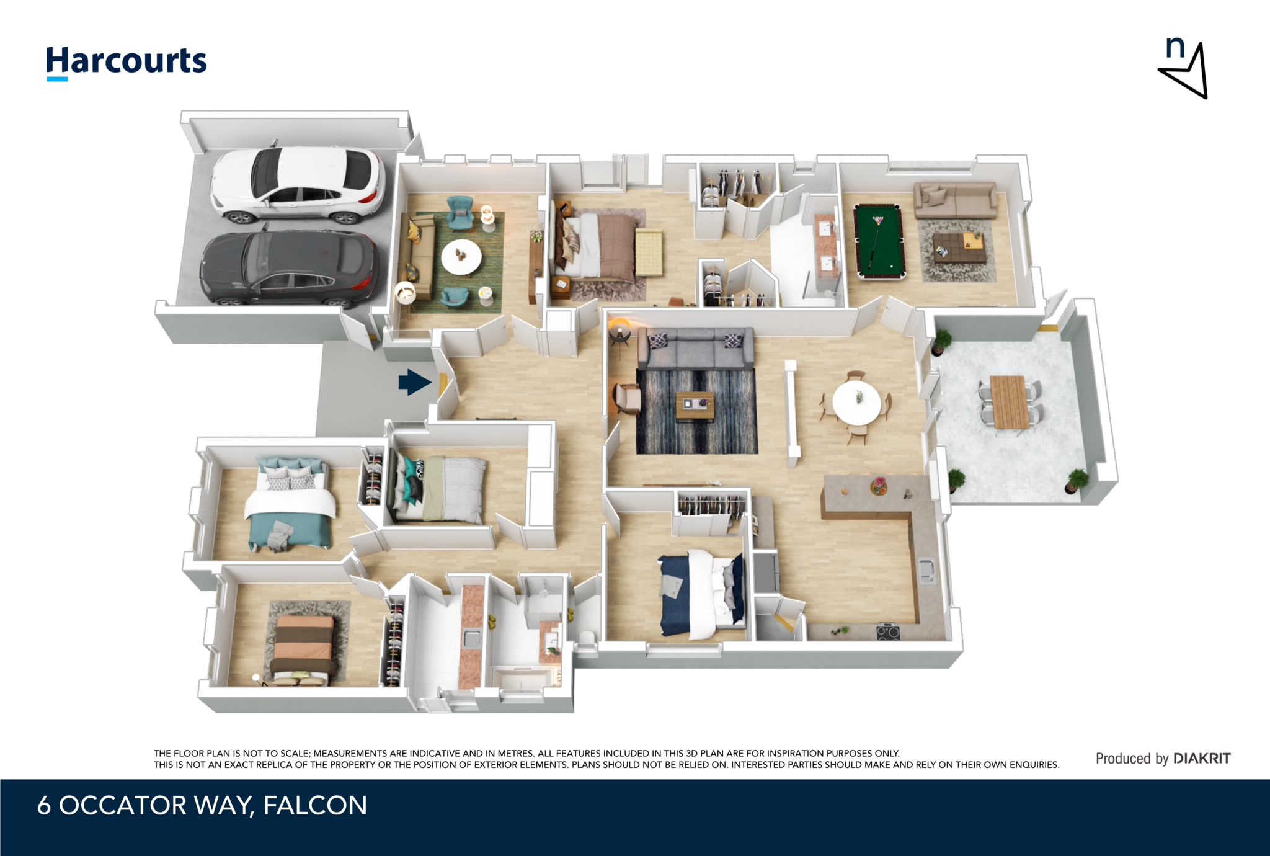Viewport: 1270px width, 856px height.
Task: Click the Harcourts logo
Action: pos(127,62)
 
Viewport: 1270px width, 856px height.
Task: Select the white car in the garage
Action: pos(298,185)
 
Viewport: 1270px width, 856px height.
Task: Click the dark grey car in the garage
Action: pos(289,269)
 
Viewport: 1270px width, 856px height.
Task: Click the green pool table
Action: pos(879,242)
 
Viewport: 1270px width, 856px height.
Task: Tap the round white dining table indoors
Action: pos(856,403)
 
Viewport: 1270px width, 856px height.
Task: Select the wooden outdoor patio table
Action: pos(1010,402)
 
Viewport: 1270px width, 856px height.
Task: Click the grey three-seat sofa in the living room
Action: pos(696,348)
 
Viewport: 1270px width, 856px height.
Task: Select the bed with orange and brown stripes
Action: pos(304,649)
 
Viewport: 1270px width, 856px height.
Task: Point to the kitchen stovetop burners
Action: pos(888,631)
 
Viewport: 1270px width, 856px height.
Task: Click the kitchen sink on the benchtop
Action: pos(926,571)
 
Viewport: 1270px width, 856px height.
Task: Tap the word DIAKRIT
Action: pos(1202,758)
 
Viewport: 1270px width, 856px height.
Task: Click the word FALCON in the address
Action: pos(315,805)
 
